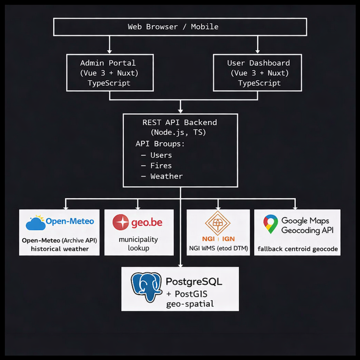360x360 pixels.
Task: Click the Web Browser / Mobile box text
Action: [x=173, y=27]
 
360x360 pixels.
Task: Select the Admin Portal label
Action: [x=108, y=63]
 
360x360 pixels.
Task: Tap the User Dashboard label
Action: [x=258, y=63]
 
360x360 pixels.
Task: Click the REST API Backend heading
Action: [x=179, y=122]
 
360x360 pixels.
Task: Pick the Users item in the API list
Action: [x=161, y=155]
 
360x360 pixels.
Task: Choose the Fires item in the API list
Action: [x=161, y=166]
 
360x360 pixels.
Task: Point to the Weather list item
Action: [x=166, y=176]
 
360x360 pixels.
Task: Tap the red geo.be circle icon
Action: [x=121, y=222]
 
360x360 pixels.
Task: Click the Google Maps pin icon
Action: [x=270, y=224]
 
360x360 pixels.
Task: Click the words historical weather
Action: [x=60, y=249]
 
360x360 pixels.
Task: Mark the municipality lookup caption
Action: [x=138, y=244]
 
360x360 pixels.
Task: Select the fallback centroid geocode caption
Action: [x=297, y=249]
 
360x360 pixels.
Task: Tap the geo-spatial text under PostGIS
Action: [x=190, y=304]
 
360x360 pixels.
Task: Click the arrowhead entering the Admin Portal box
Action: [x=110, y=51]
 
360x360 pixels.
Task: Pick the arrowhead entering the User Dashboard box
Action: [x=258, y=51]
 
